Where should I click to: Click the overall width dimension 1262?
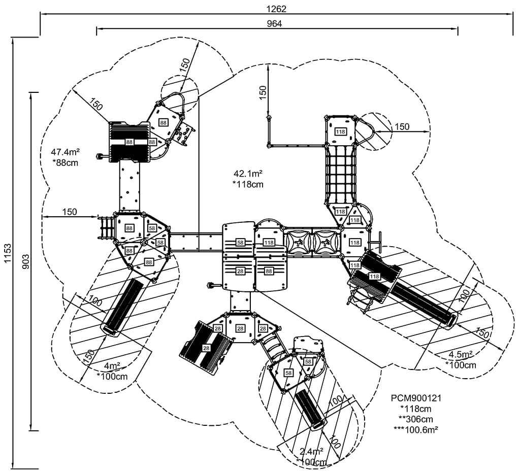(276, 9)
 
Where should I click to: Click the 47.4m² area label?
(64, 152)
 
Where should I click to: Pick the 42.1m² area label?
(248, 174)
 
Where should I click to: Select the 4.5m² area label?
(461, 355)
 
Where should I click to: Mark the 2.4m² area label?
(311, 451)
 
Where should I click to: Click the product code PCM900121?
(416, 398)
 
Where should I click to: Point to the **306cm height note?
(416, 419)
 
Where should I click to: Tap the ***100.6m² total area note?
(416, 429)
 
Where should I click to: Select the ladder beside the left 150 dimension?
(106, 228)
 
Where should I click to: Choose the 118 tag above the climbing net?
(340, 132)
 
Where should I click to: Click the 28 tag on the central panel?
(240, 272)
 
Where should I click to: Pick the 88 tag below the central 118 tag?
(269, 272)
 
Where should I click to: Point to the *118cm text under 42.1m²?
(248, 184)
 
